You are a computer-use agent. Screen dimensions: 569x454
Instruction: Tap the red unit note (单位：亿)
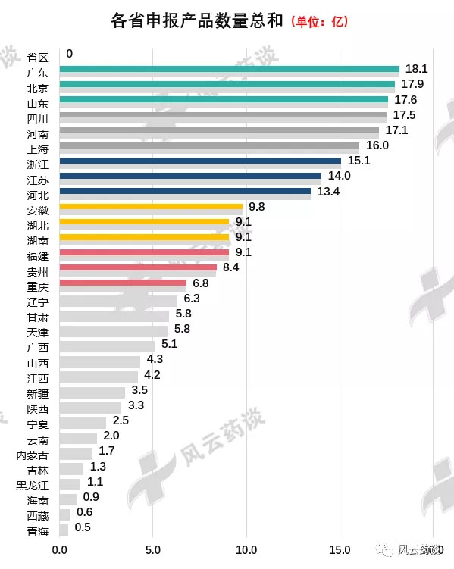[x=319, y=21]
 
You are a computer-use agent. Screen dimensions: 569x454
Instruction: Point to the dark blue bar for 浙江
[x=200, y=161]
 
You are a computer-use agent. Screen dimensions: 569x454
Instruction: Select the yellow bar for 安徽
[x=151, y=206]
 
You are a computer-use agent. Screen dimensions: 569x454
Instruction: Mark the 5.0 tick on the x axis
[x=152, y=550]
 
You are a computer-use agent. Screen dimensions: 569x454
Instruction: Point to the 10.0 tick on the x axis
[x=246, y=550]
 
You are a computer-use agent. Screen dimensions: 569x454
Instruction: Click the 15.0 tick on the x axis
[x=340, y=550]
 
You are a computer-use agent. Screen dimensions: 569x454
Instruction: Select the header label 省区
[x=37, y=57]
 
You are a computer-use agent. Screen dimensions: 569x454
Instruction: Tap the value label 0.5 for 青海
[x=83, y=527]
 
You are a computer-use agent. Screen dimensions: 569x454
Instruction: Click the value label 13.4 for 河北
[x=328, y=191]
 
